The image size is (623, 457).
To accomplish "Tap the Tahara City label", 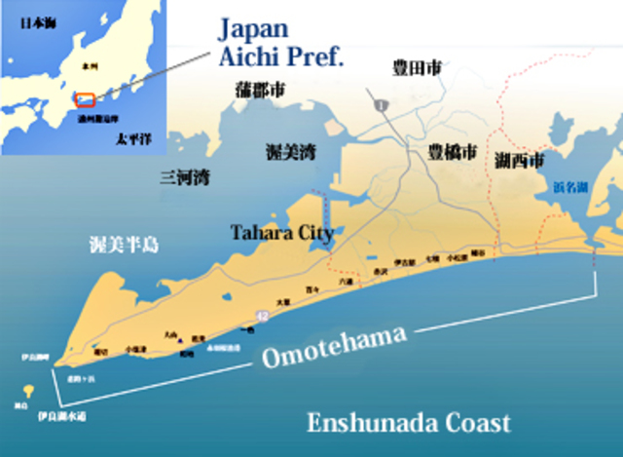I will pos(281,233).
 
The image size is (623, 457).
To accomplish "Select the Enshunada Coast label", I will pos(408,422).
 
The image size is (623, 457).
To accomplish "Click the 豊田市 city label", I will pos(417,68).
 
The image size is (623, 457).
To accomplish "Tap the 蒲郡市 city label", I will pos(260,90).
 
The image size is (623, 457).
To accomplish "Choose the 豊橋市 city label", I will pos(453,153).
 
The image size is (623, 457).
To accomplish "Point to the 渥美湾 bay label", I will pos(290,151).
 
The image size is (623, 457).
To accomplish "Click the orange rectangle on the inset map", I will pos(86,100).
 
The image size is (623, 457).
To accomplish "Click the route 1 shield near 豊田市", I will pos(383,104).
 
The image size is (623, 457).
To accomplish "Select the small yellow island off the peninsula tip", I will pos(27,391).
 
